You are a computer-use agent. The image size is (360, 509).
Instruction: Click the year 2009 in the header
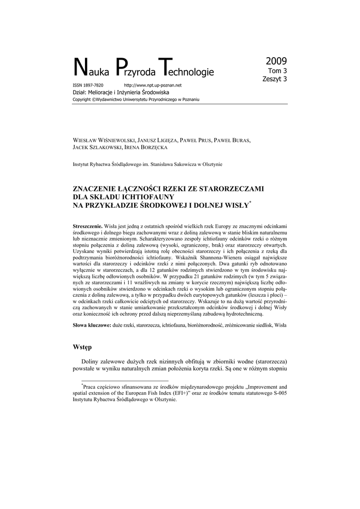(x=276, y=62)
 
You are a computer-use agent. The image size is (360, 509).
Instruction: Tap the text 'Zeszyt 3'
(x=274, y=79)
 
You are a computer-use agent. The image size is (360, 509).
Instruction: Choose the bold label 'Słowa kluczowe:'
(x=92, y=325)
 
